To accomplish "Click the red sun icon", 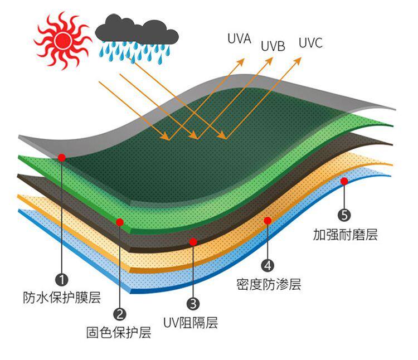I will [62, 40].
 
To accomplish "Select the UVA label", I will [239, 39].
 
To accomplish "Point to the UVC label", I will [310, 43].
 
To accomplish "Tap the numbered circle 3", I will [193, 304].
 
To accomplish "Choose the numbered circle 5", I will [344, 215].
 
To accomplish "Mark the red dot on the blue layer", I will [344, 181].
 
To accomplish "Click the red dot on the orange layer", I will [268, 221].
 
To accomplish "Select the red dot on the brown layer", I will [193, 241].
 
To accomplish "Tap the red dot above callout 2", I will [119, 222].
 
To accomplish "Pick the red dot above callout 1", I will [61, 158].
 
